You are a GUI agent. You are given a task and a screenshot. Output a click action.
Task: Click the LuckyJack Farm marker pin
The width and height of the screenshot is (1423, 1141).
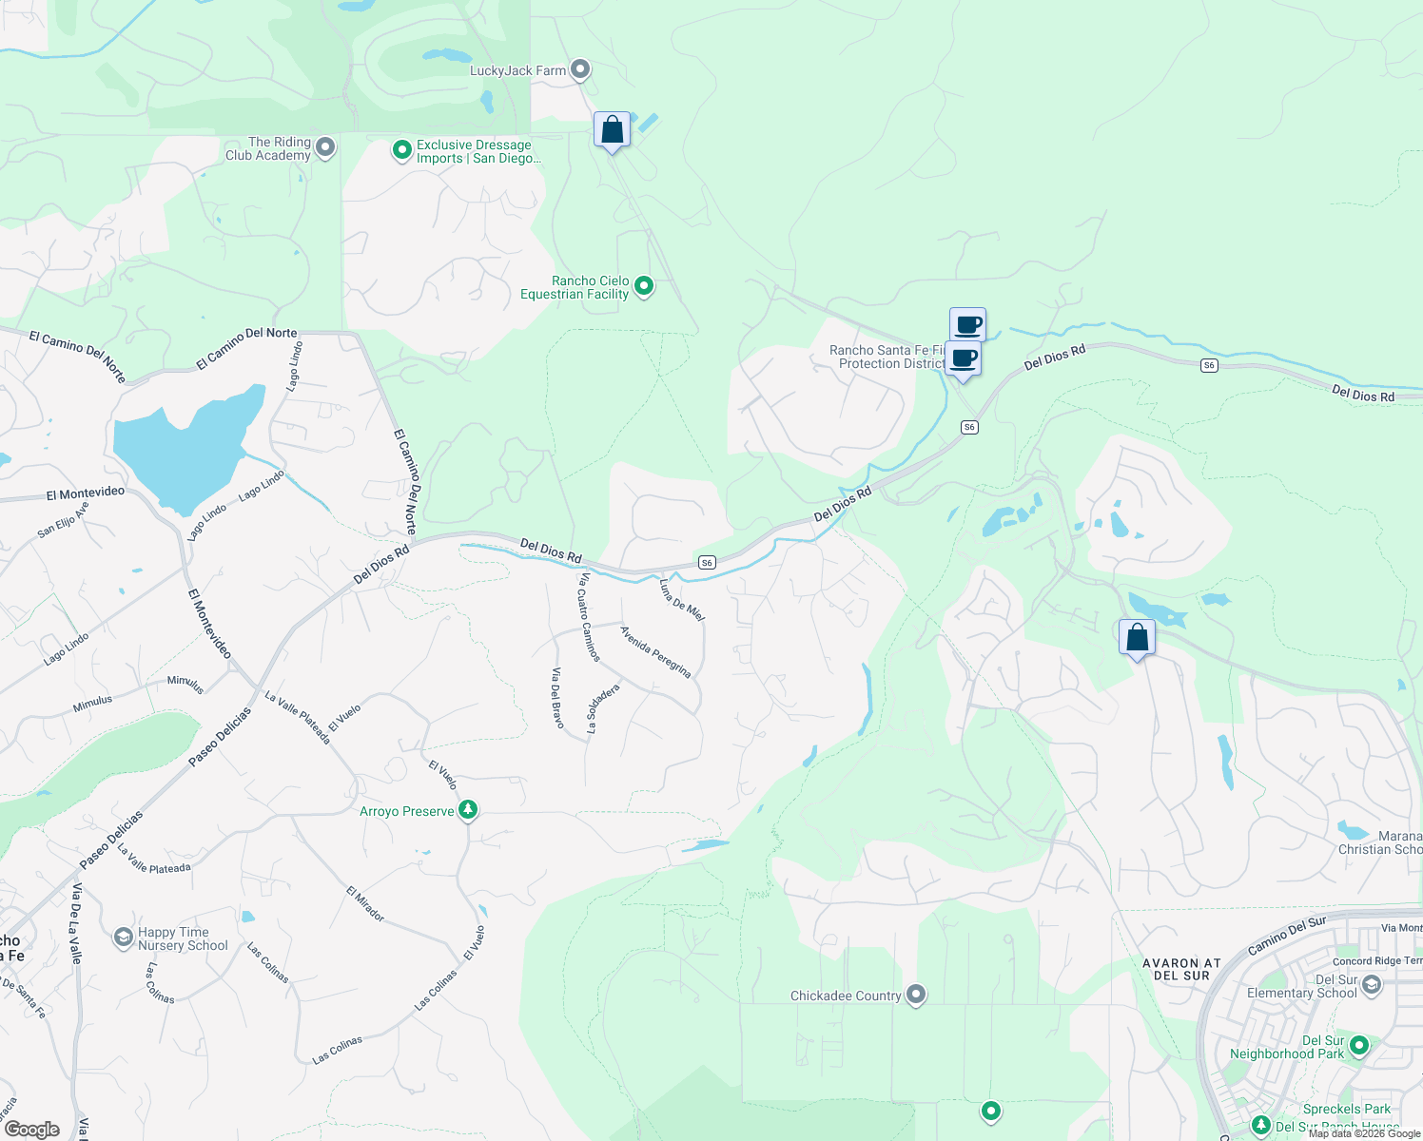(580, 69)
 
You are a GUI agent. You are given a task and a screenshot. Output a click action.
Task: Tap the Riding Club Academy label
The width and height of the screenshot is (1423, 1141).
(268, 148)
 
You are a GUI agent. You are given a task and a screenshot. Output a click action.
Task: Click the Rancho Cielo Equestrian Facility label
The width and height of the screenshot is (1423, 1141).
(575, 287)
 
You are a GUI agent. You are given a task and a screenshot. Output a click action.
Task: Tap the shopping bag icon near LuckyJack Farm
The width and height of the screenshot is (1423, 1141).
(612, 130)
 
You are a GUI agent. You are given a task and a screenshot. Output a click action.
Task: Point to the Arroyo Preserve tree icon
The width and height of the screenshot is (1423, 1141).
(467, 810)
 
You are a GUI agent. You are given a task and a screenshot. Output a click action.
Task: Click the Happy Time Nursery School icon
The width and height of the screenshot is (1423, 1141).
(123, 938)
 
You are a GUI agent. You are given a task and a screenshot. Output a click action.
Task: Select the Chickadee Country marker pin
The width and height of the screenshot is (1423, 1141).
(916, 995)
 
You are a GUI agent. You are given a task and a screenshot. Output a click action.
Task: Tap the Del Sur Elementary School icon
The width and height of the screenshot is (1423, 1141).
(1371, 985)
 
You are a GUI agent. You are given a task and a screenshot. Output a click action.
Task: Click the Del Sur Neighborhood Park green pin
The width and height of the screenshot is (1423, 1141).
(1359, 1046)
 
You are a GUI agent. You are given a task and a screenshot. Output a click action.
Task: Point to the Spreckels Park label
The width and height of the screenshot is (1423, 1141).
(1346, 1109)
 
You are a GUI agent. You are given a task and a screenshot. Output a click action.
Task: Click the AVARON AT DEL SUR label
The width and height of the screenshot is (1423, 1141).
(1181, 969)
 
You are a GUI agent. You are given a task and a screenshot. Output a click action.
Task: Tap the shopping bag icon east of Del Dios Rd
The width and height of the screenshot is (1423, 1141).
(1137, 637)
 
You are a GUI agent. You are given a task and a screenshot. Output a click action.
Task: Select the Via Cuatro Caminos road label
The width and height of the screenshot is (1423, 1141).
(589, 616)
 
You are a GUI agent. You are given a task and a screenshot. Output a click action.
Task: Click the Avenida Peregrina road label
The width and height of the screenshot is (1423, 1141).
(655, 651)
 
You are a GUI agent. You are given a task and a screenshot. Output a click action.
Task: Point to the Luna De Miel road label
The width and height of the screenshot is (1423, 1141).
(682, 600)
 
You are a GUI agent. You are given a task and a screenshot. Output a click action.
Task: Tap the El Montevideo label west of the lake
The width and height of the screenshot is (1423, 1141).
(86, 493)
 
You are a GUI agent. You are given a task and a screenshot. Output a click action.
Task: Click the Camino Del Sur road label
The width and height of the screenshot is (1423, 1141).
(1286, 937)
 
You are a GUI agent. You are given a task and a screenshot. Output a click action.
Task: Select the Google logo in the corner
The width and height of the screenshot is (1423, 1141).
(31, 1129)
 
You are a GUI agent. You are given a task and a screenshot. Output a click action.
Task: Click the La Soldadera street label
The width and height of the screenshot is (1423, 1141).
(603, 708)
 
